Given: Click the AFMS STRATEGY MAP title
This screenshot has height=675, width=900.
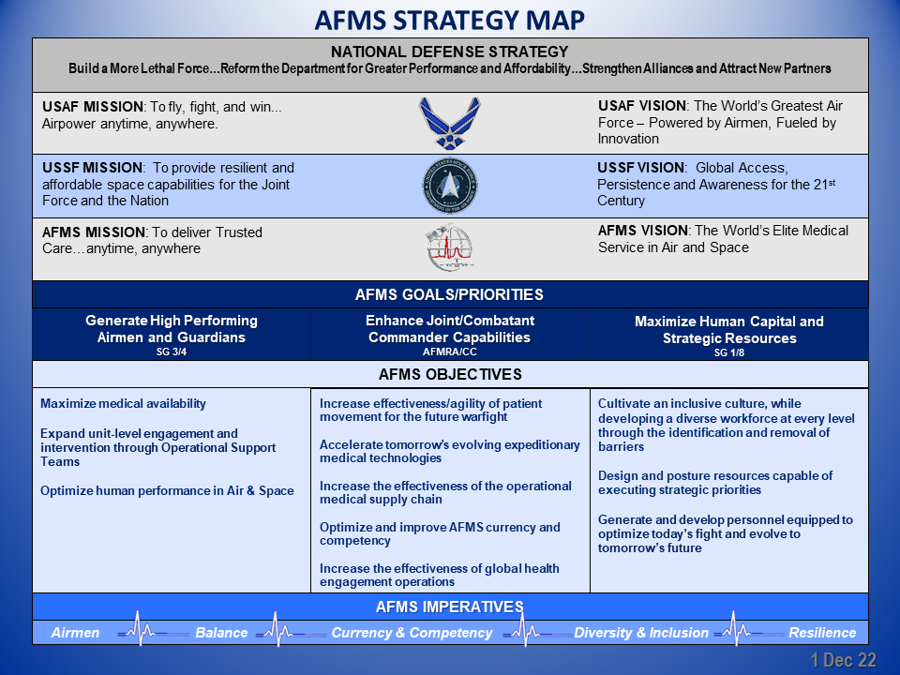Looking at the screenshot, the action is pos(449,20).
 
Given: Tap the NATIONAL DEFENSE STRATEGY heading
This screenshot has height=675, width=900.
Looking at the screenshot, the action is pos(449,52).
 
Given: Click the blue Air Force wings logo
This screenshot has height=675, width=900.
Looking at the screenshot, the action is pos(450,124).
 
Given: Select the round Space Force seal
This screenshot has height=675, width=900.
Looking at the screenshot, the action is pos(450,186).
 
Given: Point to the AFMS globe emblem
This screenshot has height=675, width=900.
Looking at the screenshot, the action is pos(450,247).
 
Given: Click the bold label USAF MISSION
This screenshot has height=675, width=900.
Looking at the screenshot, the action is pos(93,107).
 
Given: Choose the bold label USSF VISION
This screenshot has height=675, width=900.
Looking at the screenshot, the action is pos(641,168).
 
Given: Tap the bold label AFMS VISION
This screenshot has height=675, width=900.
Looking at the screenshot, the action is pos(643,231).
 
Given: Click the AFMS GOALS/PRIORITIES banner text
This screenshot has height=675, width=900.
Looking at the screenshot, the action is pos(449,294).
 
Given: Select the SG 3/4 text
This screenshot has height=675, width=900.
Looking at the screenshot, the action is pos(172,352).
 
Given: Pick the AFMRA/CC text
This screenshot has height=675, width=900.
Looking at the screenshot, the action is pos(449,352).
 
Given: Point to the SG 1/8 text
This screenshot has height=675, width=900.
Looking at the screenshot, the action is pos(729,352).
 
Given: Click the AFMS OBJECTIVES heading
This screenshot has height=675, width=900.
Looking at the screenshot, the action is pos(450,374).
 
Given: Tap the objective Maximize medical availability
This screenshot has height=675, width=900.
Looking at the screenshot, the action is pos(123,403).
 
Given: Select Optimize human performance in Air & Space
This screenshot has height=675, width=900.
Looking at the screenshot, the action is pos(167,490).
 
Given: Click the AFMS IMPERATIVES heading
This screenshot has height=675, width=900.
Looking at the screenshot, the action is pos(449,607).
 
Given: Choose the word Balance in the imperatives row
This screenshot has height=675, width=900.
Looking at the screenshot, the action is pos(221,633).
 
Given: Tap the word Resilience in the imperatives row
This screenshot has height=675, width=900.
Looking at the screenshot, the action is pos(822,633).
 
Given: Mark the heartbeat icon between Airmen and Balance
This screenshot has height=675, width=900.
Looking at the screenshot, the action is pos(141,630).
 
